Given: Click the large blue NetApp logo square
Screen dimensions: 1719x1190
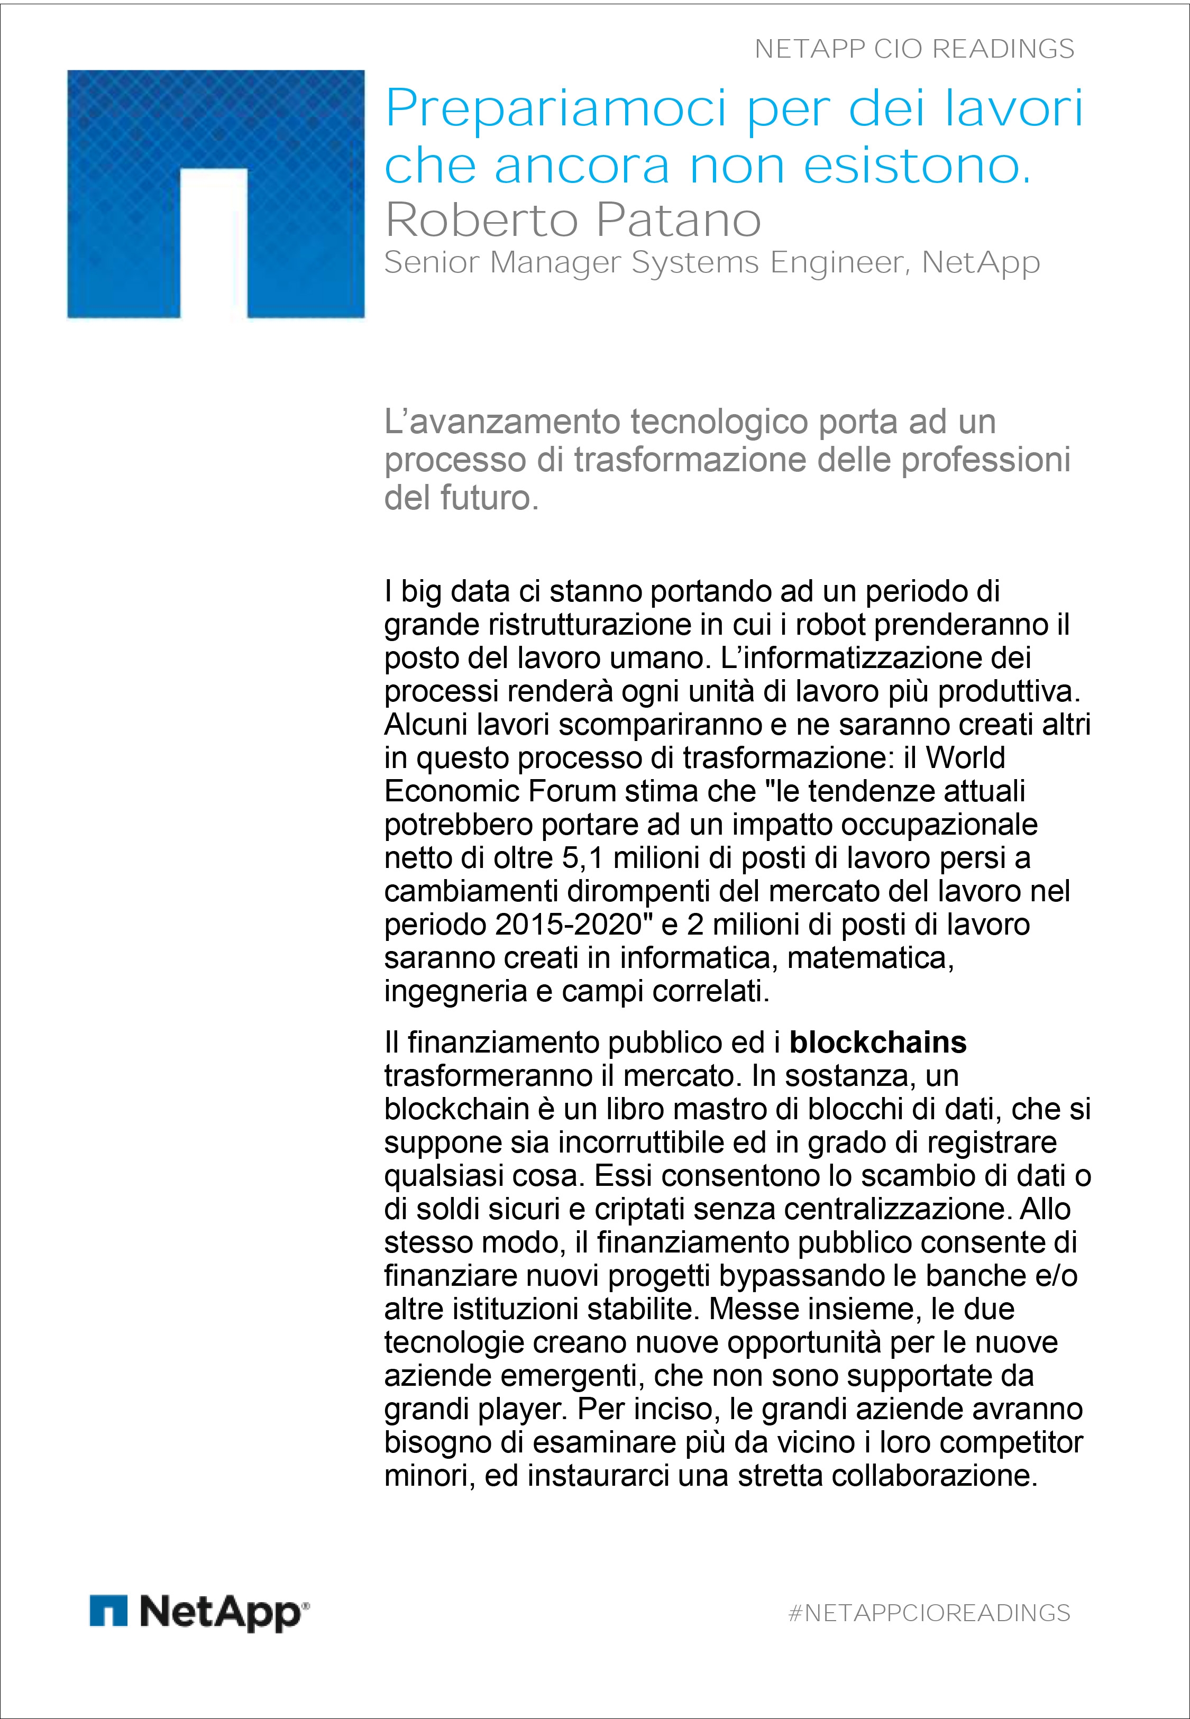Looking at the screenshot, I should point(215,194).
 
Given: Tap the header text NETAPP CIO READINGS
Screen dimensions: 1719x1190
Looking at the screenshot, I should point(914,49).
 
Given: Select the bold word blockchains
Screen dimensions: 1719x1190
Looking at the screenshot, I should point(877,1042).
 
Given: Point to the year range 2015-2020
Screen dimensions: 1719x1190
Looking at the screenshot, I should point(568,925).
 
